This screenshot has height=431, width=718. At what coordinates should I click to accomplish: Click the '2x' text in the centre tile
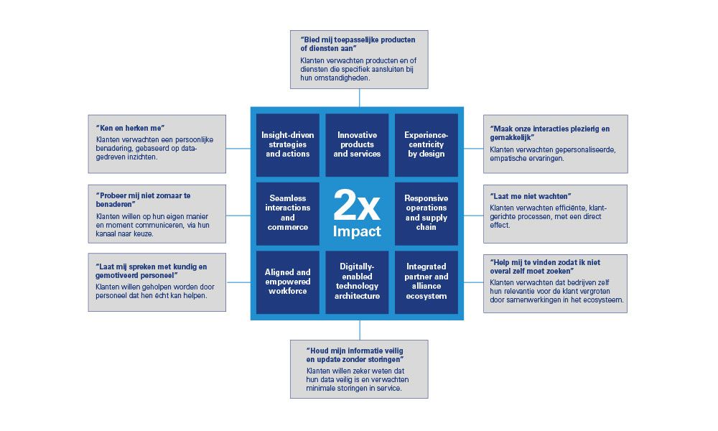357,207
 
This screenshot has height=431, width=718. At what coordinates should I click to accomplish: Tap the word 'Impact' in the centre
357,232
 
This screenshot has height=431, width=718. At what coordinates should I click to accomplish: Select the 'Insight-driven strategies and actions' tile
288,144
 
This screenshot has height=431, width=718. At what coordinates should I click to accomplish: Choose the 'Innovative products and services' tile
357,144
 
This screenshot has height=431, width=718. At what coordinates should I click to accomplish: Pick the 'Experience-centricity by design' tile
426,144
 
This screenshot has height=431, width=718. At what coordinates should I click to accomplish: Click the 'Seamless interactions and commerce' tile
288,213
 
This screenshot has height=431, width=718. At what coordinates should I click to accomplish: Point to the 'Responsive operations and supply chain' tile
426,213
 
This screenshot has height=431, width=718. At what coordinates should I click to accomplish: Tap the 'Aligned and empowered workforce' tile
288,282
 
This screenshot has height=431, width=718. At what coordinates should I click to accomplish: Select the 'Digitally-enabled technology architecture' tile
357,282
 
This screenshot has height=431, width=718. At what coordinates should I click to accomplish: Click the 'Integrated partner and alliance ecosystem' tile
426,282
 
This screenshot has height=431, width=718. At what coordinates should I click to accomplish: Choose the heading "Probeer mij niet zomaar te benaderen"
143,200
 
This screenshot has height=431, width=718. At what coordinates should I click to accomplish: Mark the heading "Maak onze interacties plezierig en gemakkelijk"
550,134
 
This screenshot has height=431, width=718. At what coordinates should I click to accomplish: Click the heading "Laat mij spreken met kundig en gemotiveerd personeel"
151,271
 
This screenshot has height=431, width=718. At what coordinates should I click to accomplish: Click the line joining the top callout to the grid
358,98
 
